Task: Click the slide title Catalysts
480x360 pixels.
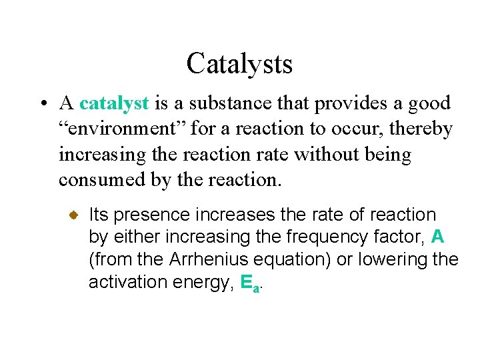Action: (x=239, y=64)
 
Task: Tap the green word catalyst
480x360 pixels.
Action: (x=114, y=103)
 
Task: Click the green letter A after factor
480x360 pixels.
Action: (x=437, y=237)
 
